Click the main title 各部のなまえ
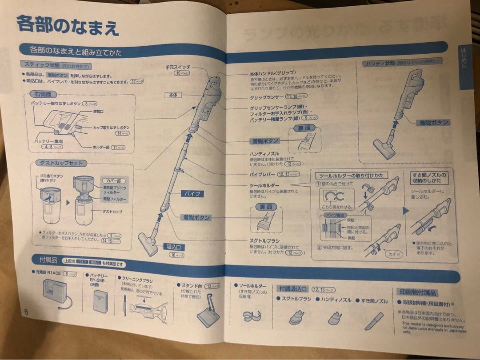tap(68, 26)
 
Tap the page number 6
tap(27, 312)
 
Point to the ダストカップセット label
tap(61, 163)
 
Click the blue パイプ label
tap(192, 194)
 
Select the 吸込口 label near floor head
tap(175, 247)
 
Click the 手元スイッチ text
tap(178, 67)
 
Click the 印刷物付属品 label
tap(416, 292)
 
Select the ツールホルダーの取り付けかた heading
tap(349, 176)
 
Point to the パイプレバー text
tap(262, 174)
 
